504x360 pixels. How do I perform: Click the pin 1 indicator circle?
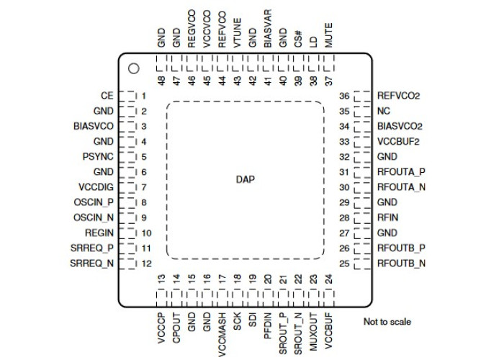click(133, 68)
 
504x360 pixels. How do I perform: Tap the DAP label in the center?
click(246, 179)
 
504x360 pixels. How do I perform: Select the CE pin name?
click(107, 96)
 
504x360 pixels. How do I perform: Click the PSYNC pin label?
click(98, 156)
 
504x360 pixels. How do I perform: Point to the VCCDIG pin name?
click(96, 187)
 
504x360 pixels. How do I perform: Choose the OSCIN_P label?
click(94, 202)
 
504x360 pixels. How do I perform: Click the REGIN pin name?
click(99, 233)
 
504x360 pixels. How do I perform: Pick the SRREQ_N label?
click(92, 264)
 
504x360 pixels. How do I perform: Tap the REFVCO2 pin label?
click(399, 96)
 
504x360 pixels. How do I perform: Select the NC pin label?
click(384, 111)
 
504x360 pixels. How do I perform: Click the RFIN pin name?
click(387, 217)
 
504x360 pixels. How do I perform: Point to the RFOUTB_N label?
click(401, 264)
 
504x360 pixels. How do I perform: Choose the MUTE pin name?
click(328, 35)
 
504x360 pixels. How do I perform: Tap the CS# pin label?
click(298, 39)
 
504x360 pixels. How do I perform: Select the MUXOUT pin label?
click(313, 332)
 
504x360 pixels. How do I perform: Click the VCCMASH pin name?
click(222, 335)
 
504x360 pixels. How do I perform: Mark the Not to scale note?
click(387, 322)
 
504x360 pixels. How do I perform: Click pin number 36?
click(344, 96)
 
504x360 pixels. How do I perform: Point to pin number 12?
click(147, 264)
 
